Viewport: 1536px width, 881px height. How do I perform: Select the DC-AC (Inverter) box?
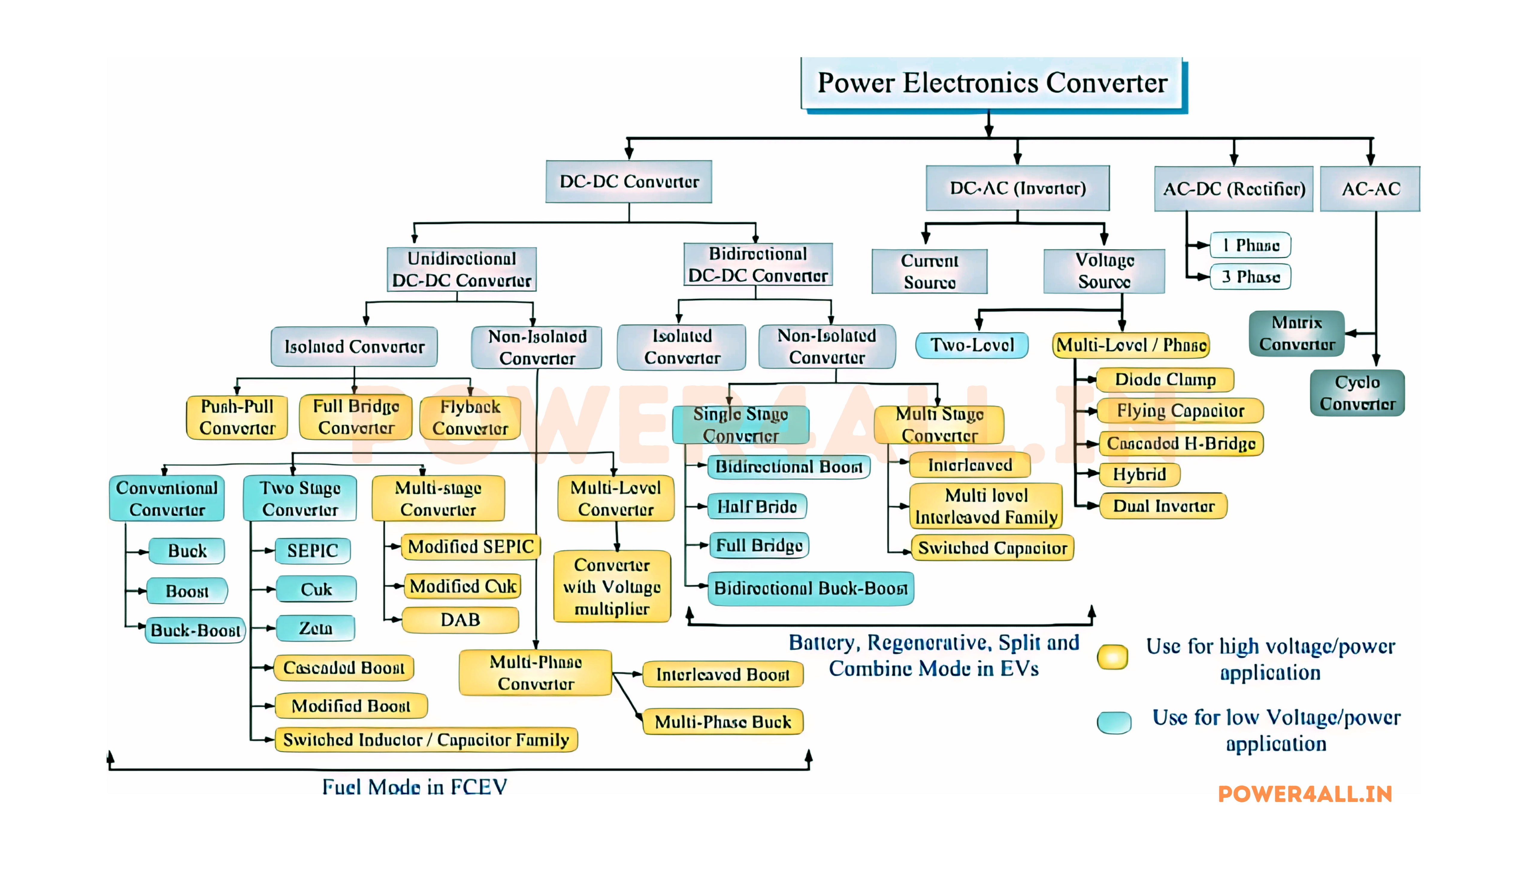[x=1017, y=188]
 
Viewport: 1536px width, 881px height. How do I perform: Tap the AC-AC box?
[x=1370, y=189]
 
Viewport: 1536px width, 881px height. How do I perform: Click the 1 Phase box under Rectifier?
[x=1250, y=245]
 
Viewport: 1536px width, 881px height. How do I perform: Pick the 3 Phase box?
[x=1250, y=276]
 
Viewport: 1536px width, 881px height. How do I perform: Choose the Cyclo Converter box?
[x=1357, y=393]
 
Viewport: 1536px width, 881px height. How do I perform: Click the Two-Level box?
[x=972, y=345]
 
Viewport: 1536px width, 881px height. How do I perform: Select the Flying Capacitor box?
[x=1180, y=411]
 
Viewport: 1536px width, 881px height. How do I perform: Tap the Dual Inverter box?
[x=1163, y=506]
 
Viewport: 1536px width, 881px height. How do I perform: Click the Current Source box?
[x=929, y=271]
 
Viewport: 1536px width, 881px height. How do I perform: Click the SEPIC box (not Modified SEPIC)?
[x=312, y=551]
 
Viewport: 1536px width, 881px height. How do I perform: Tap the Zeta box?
[x=315, y=628]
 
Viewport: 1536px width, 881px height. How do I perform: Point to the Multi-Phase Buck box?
[x=722, y=722]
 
